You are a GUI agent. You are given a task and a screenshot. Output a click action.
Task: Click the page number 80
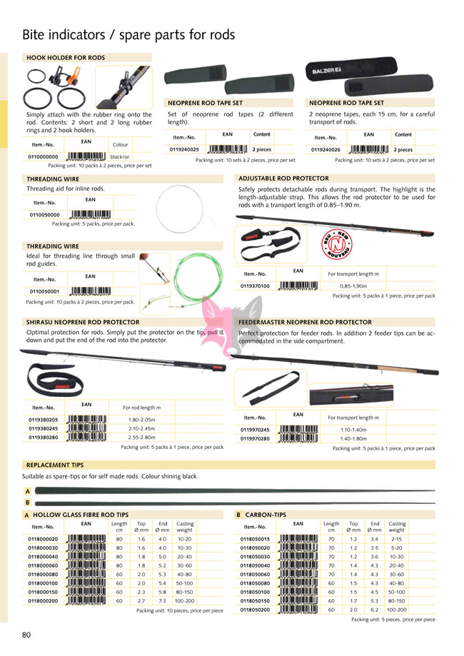click(x=26, y=635)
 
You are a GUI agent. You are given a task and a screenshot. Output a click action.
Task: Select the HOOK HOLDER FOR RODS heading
click(x=65, y=57)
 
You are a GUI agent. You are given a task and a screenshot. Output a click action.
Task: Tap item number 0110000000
click(x=43, y=156)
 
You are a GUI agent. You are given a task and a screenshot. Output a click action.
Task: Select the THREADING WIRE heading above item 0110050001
click(x=52, y=246)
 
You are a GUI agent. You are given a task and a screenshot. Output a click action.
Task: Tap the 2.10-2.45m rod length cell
click(x=141, y=428)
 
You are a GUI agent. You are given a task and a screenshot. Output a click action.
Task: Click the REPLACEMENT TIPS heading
click(x=55, y=465)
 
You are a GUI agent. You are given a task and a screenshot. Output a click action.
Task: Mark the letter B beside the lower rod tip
click(x=27, y=502)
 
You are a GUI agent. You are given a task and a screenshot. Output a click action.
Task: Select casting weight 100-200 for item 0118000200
click(x=184, y=601)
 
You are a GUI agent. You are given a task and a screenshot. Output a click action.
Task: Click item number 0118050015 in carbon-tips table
click(x=256, y=539)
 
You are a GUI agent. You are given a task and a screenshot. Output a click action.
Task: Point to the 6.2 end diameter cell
click(x=374, y=610)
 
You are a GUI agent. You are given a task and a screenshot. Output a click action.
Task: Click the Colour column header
click(x=121, y=145)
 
